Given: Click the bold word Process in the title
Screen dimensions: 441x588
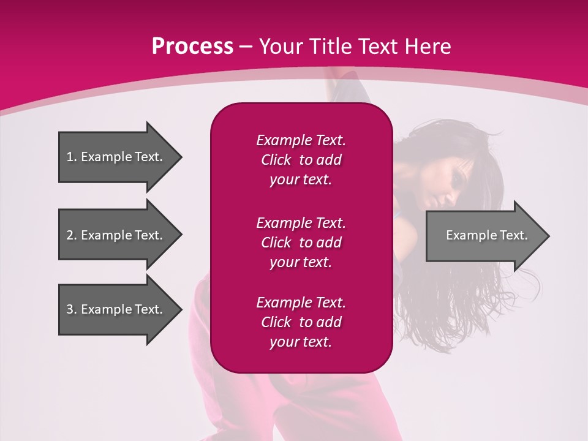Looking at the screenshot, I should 192,47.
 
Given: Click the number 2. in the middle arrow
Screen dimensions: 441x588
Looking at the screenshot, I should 71,235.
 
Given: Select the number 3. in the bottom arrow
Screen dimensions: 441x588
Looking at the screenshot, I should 71,309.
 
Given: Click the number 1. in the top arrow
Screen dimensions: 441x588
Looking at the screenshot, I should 71,157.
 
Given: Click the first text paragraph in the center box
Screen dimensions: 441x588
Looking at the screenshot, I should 301,160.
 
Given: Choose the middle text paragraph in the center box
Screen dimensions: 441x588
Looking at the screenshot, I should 301,243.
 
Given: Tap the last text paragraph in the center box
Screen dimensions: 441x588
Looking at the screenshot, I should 301,322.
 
